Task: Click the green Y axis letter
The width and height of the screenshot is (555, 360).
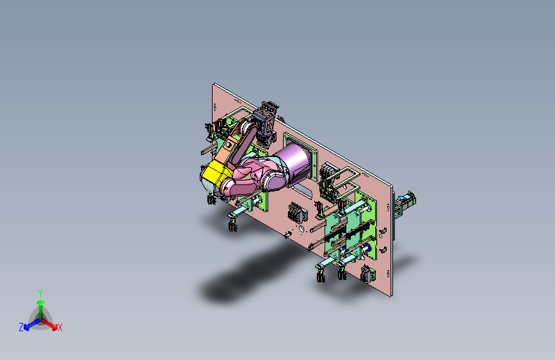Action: (x=40, y=291)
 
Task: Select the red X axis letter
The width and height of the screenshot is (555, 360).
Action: (x=60, y=327)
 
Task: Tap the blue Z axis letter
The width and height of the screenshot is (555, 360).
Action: (x=21, y=327)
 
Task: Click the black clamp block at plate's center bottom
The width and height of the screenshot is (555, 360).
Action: (x=295, y=212)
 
